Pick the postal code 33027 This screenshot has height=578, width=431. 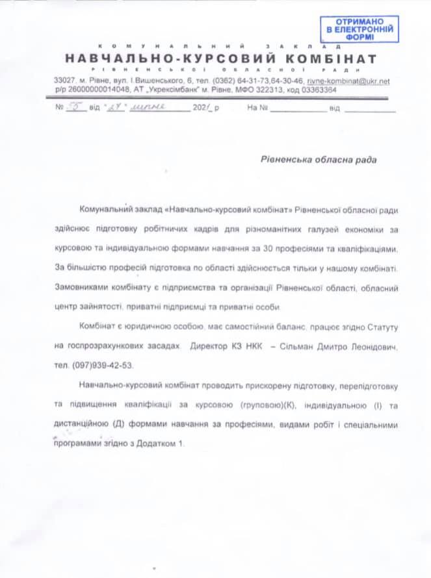[x=64, y=81]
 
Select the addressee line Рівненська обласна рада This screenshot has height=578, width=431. [x=313, y=158]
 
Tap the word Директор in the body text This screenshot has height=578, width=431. [x=210, y=348]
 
